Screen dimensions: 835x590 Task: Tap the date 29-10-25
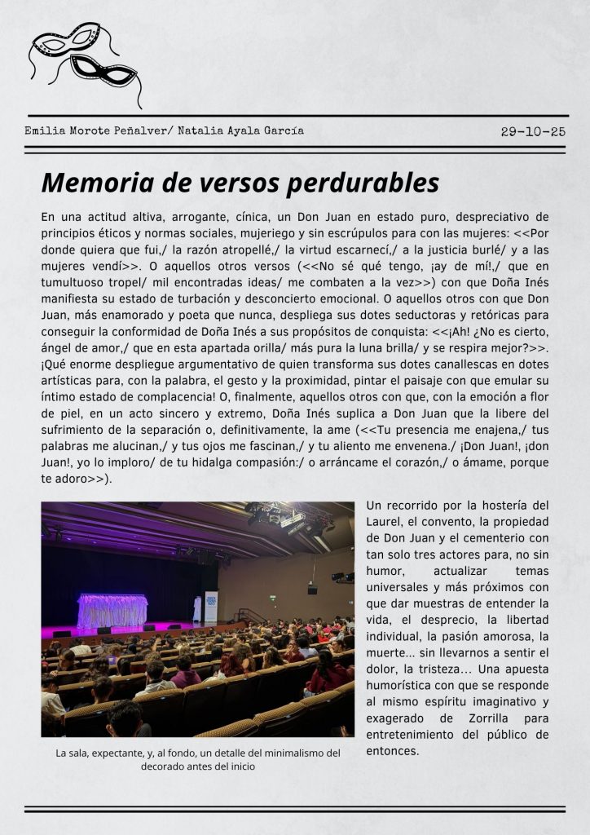point(533,131)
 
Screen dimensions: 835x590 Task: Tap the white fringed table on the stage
point(112,610)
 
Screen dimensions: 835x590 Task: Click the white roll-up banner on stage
point(211,607)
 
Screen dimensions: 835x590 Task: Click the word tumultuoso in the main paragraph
point(74,281)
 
